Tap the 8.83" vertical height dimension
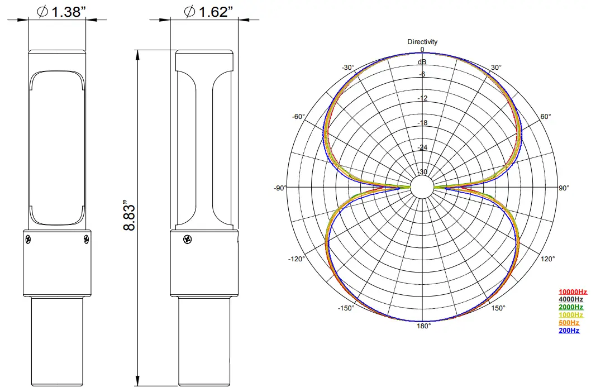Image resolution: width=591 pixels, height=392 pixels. pos(130,216)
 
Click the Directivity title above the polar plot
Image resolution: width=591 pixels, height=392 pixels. pos(422,42)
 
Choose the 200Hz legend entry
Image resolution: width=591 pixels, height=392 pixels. pos(569,331)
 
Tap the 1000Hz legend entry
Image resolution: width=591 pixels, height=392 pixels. pos(570,315)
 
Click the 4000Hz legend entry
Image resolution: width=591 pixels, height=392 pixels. pos(570,299)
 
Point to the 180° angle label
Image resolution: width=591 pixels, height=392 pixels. pos(422,326)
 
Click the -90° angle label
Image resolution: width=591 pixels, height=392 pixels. pos(280,188)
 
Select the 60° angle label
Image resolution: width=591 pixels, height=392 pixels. pos(545,117)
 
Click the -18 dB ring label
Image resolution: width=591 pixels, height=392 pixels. pos(422,123)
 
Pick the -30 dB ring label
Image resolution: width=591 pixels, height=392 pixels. pos(422,172)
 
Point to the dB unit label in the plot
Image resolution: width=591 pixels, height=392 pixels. pos(422,62)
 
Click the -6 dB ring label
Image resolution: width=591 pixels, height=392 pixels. pos(422,74)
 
